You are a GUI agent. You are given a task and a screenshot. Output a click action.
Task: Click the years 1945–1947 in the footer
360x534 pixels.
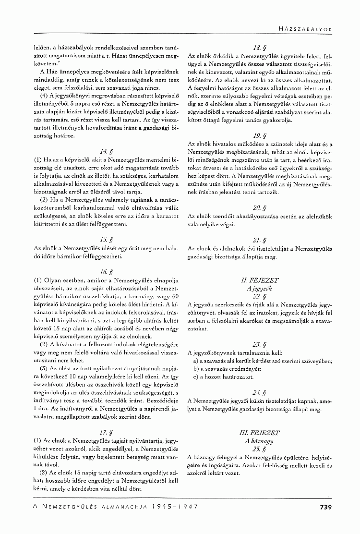174,506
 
